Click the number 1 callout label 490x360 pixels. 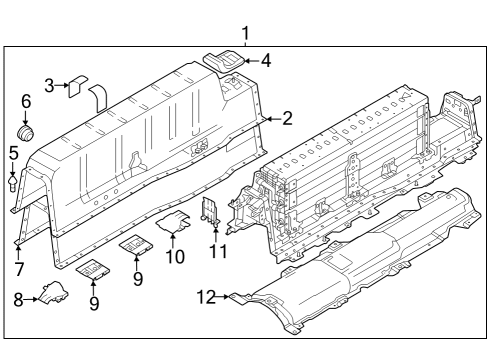click(x=246, y=35)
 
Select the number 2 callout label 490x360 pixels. click(x=287, y=119)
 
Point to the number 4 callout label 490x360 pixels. click(x=265, y=60)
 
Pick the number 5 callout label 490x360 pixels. click(x=13, y=153)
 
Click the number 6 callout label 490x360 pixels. click(x=26, y=101)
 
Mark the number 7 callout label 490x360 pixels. click(x=19, y=270)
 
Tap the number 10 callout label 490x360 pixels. click(x=175, y=257)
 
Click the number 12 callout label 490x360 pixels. click(x=205, y=298)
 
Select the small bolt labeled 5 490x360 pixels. click(x=13, y=183)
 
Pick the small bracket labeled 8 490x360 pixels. click(x=50, y=293)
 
